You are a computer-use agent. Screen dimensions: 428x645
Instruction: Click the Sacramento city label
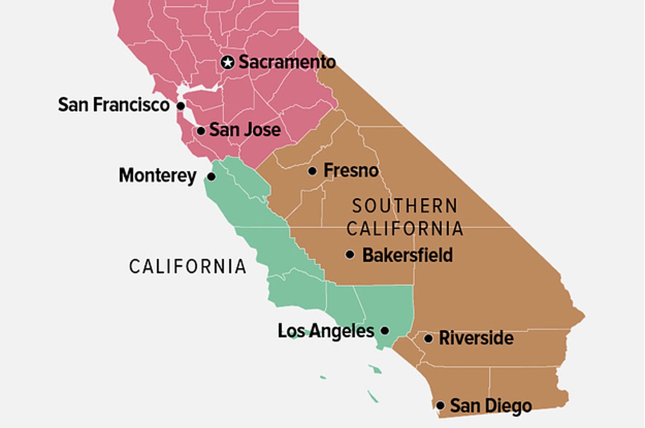tap(287, 62)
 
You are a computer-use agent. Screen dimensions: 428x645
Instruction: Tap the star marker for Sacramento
tap(228, 62)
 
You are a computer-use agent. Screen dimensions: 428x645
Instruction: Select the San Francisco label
tap(114, 105)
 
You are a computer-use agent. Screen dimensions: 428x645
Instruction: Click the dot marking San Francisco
tap(181, 105)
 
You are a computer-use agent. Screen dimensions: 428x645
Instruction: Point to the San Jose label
tap(245, 130)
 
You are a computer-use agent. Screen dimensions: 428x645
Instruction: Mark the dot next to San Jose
tap(200, 130)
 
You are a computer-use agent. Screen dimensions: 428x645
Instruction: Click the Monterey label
tap(157, 176)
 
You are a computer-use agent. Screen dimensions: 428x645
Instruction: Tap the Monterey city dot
tap(212, 176)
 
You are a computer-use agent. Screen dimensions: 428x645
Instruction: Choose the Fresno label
tap(351, 171)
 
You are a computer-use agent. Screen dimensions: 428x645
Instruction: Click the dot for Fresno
tap(312, 171)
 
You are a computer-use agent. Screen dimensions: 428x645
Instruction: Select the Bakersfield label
tap(407, 255)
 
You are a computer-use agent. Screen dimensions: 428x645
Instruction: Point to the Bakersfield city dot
tap(350, 255)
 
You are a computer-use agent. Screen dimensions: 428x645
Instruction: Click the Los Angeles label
tap(326, 331)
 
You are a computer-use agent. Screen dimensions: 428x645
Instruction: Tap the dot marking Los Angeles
tap(385, 331)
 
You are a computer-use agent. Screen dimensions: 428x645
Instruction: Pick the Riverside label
tap(476, 338)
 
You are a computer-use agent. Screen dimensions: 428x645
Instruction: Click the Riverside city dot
tap(428, 338)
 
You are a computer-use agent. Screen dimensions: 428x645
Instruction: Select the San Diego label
tap(491, 405)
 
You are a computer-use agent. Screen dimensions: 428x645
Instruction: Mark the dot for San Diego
tap(440, 405)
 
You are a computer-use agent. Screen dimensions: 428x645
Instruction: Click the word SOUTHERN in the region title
tap(405, 206)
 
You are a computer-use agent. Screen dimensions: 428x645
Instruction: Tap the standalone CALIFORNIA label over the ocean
tap(188, 266)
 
